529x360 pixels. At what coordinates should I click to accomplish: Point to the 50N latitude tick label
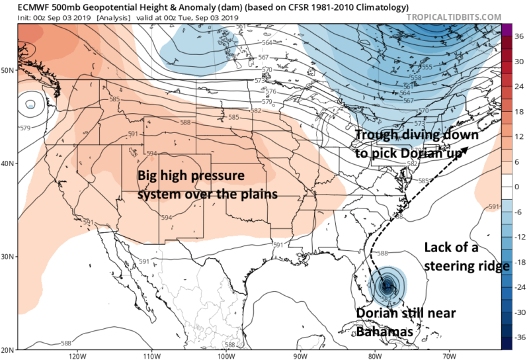[x=10, y=69]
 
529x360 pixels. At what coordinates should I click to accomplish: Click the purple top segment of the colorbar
[x=507, y=30]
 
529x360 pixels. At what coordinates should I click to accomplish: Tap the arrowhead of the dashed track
[x=468, y=150]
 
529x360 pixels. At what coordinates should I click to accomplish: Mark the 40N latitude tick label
[x=10, y=163]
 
